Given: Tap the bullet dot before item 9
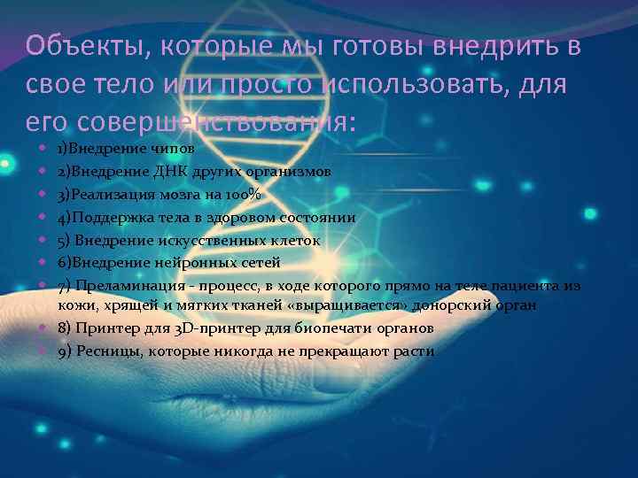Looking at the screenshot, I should pyautogui.click(x=43, y=351).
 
